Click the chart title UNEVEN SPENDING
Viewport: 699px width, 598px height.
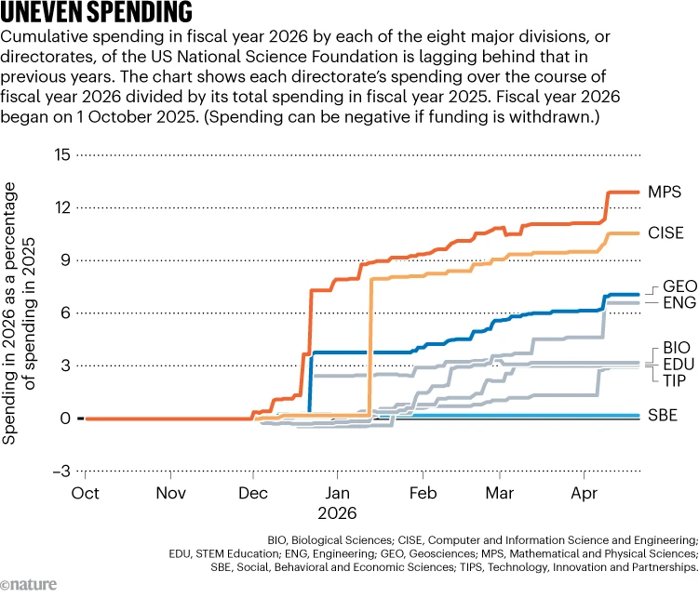pyautogui.click(x=96, y=12)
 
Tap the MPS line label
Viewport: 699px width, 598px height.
pyautogui.click(x=665, y=192)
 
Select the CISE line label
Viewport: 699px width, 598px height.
pyautogui.click(x=665, y=233)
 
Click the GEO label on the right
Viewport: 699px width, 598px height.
pyautogui.click(x=679, y=286)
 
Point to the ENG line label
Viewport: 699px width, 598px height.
pyautogui.click(x=679, y=303)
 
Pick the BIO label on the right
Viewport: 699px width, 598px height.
pyautogui.click(x=677, y=348)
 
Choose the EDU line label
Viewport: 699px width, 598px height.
pyautogui.click(x=679, y=365)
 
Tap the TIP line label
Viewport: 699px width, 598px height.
pyautogui.click(x=674, y=380)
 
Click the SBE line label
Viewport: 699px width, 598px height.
pyautogui.click(x=663, y=415)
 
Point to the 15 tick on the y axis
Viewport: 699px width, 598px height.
pyautogui.click(x=62, y=155)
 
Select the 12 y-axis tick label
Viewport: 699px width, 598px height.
pyautogui.click(x=62, y=207)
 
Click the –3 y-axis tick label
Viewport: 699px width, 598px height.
pyautogui.click(x=61, y=471)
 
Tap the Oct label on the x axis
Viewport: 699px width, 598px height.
pyautogui.click(x=85, y=493)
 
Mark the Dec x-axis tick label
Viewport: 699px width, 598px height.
pyautogui.click(x=253, y=493)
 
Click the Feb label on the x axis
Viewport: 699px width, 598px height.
pyautogui.click(x=423, y=493)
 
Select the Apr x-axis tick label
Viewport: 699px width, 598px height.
pyautogui.click(x=584, y=493)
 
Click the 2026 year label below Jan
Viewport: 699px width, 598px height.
pyautogui.click(x=337, y=513)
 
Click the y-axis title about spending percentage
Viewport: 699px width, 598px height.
pyautogui.click(x=19, y=313)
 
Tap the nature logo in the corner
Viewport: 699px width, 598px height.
pyautogui.click(x=29, y=584)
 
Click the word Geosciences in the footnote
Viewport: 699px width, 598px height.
pyautogui.click(x=442, y=553)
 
